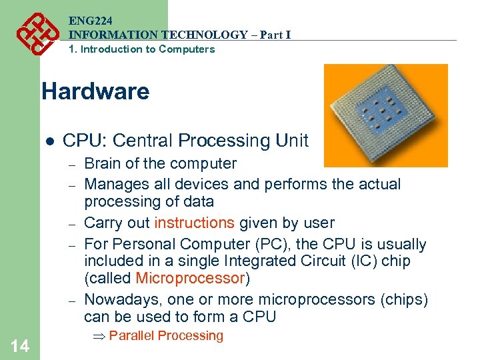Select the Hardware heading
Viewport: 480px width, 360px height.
[x=95, y=91]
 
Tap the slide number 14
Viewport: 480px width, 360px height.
[x=20, y=345]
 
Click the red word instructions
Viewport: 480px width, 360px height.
[x=194, y=223]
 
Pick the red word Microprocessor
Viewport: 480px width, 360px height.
[x=190, y=278]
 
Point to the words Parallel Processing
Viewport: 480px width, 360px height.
[x=166, y=335]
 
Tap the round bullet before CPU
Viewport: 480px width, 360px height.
[x=48, y=141]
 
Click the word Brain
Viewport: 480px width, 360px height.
[x=103, y=163]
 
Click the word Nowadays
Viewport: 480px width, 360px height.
[x=119, y=299]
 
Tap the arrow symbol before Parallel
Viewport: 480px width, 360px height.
[x=101, y=336]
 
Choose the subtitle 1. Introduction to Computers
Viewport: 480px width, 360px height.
[x=142, y=49]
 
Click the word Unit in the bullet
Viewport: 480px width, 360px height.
[x=294, y=141]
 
